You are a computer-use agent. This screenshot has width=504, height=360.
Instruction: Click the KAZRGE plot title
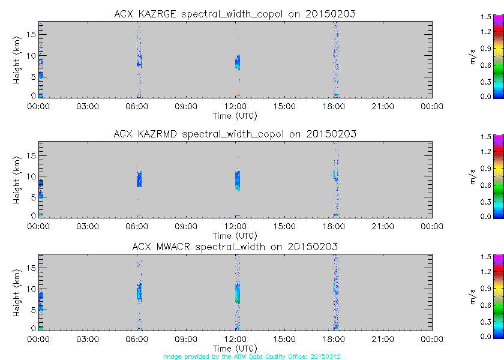235,14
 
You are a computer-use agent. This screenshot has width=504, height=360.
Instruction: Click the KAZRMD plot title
235,134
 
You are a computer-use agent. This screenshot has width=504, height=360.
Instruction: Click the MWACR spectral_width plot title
235,247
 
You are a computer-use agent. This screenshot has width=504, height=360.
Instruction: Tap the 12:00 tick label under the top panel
235,107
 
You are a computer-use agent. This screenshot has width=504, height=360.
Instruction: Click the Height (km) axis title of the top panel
18,59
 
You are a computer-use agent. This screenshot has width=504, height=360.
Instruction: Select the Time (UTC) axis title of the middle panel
235,235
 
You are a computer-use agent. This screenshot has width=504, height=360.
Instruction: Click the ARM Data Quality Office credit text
251,356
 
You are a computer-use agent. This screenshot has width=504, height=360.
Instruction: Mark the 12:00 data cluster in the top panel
238,62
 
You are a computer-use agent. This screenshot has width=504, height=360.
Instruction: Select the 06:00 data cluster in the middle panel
139,179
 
